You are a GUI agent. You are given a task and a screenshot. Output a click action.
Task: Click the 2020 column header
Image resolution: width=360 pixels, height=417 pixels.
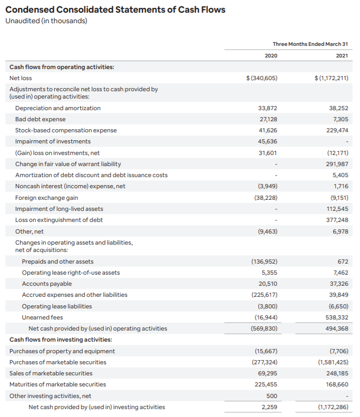(x=271, y=56)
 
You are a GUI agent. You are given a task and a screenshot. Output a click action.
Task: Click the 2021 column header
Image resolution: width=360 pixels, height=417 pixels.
(x=342, y=56)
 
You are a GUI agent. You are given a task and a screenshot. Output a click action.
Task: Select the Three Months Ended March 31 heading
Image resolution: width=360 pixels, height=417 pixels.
(x=310, y=44)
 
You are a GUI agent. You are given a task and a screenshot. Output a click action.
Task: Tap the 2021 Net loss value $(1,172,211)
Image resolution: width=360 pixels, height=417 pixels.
(x=331, y=78)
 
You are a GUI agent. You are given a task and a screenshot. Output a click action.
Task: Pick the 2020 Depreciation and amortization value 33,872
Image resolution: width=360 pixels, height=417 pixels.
(x=268, y=108)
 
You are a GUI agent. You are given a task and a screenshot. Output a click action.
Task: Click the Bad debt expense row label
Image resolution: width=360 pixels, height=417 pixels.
(x=41, y=119)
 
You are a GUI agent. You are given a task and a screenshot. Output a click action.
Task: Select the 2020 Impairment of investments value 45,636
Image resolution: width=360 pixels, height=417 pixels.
(x=268, y=141)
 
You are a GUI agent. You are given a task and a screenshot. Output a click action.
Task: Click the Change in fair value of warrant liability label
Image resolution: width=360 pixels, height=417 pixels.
(x=68, y=164)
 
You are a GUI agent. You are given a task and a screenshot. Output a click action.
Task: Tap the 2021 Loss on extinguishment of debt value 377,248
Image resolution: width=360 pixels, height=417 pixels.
(x=337, y=220)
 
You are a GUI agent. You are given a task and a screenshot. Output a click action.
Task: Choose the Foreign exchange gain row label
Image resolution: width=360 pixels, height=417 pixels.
(x=47, y=198)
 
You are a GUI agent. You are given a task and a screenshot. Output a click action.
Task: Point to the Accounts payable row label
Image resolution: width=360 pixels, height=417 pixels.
(x=47, y=284)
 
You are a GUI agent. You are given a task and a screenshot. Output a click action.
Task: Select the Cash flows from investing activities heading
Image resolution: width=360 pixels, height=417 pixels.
(x=61, y=340)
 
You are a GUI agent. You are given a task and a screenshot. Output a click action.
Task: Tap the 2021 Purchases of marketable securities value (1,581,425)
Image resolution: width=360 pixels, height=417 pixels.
(x=333, y=362)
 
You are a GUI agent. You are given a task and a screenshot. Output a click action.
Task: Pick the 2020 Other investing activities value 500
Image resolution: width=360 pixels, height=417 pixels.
(x=272, y=395)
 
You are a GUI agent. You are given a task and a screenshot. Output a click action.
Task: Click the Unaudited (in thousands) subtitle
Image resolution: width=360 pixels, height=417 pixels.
(x=46, y=21)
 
